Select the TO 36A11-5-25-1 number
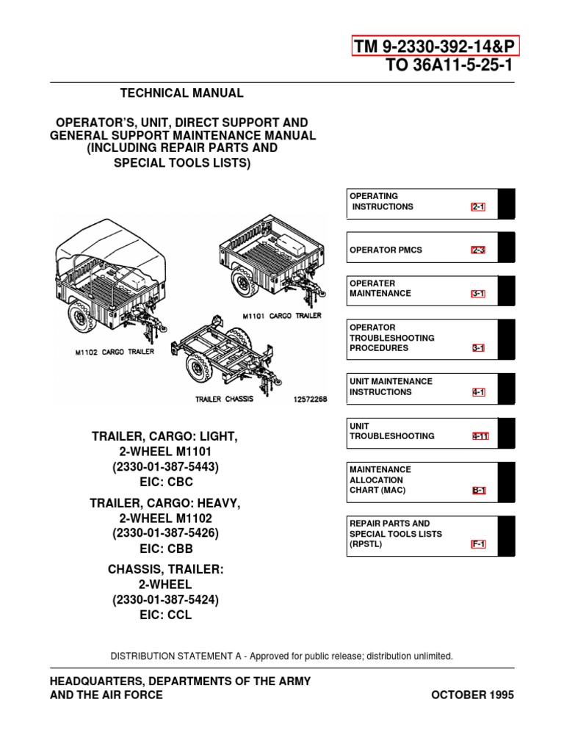coord(449,66)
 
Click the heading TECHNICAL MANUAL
coord(181,93)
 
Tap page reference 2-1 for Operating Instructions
coord(478,207)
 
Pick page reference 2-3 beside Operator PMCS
coord(478,250)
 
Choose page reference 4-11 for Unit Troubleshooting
coord(480,436)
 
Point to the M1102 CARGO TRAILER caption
coord(115,352)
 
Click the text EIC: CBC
coord(165,481)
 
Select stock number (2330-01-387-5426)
coord(165,532)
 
